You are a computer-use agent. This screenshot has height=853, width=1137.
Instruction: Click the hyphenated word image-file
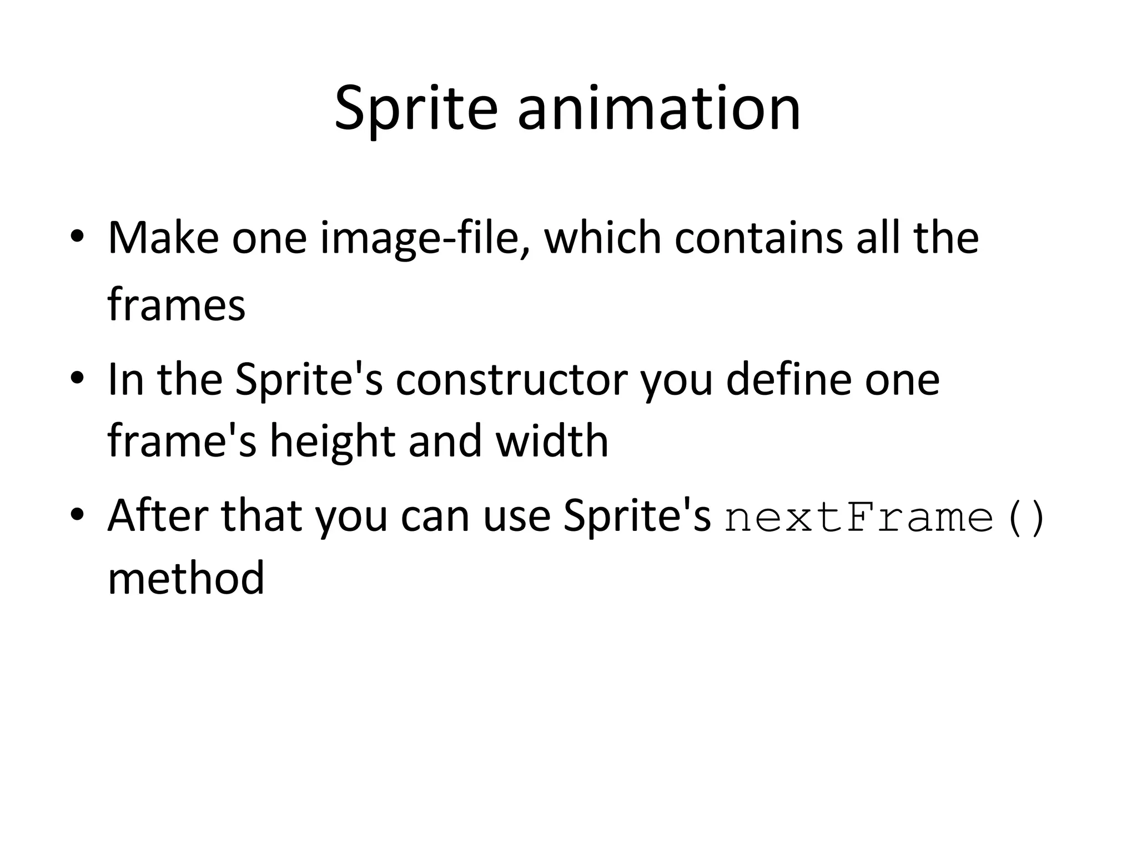point(425,239)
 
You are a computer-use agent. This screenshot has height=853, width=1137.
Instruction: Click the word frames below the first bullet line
point(176,305)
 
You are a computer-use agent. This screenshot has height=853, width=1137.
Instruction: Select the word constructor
point(511,380)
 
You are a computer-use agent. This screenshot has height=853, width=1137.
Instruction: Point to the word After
point(158,516)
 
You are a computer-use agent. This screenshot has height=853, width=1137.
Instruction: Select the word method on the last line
point(185,578)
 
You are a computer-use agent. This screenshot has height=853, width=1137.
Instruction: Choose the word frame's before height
point(182,441)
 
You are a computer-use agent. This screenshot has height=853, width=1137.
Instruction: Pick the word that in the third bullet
point(261,516)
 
